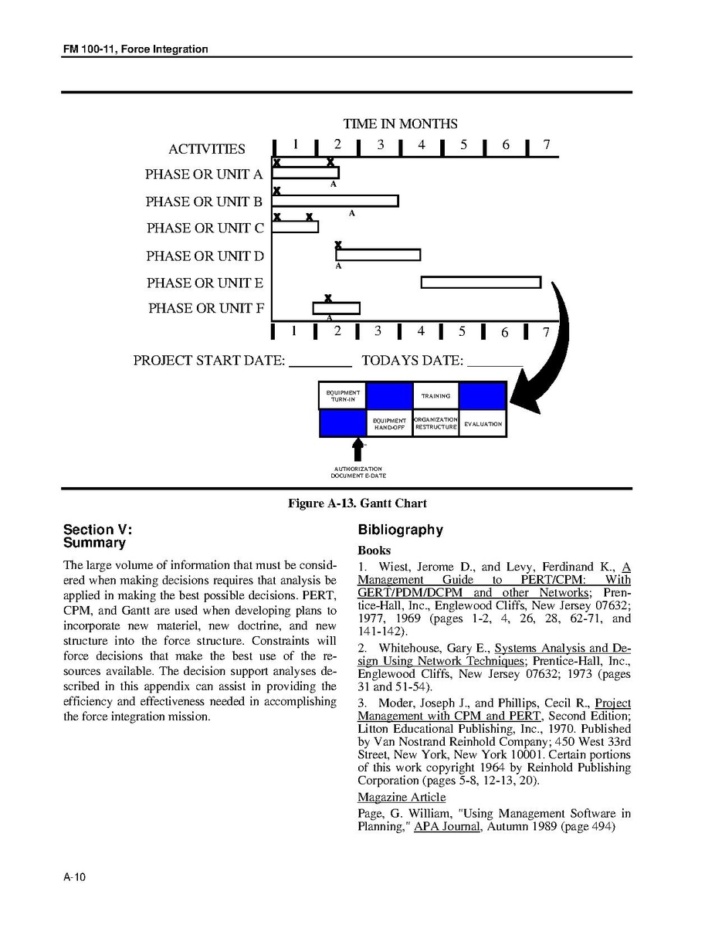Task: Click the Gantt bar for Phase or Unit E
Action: coord(480,283)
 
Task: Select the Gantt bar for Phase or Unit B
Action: coord(335,201)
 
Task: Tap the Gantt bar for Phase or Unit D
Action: coord(378,255)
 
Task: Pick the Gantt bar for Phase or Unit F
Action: coord(336,308)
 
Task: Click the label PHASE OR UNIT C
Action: coord(205,228)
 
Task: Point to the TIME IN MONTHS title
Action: coord(400,124)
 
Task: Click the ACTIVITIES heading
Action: coord(207,149)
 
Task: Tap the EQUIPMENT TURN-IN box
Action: coord(343,395)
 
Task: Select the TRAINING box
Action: coord(435,395)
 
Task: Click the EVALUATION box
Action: coord(483,424)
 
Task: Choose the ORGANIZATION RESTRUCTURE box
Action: coord(436,424)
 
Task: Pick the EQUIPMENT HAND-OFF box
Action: coord(389,424)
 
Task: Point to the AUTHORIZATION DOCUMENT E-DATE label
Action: coord(357,472)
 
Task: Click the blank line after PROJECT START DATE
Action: coord(320,361)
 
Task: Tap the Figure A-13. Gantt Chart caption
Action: coord(357,503)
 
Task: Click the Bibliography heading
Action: coord(400,530)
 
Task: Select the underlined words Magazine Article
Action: coord(401,797)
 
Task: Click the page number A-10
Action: coord(74,876)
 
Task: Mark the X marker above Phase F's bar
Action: coord(328,298)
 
